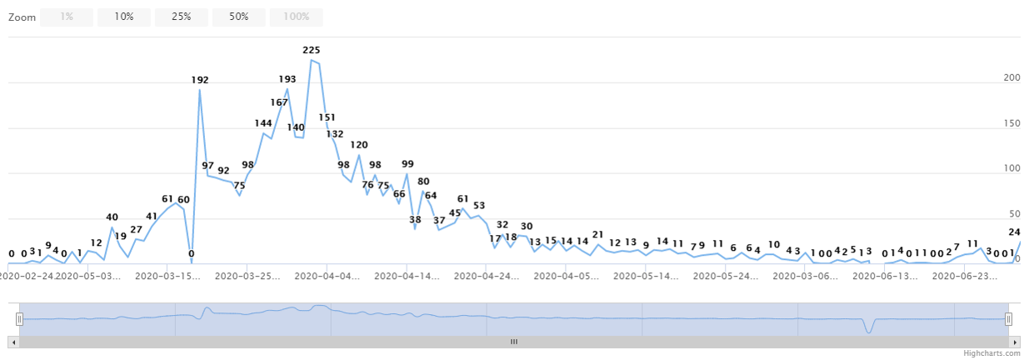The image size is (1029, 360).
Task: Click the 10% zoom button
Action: (x=124, y=17)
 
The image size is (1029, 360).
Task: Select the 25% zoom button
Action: (x=181, y=17)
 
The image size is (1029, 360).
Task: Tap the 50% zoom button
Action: (x=238, y=17)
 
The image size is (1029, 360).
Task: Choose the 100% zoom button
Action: (x=296, y=17)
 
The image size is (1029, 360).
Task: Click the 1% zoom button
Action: (x=67, y=17)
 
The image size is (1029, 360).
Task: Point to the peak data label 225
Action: (x=311, y=50)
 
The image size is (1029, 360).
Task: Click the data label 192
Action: (x=200, y=80)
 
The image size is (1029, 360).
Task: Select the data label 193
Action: (x=287, y=79)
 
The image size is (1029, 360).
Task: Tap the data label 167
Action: (x=279, y=102)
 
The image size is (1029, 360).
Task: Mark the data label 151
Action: (x=327, y=117)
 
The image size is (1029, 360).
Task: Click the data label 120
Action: (x=358, y=145)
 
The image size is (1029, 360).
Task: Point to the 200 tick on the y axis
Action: (x=1012, y=77)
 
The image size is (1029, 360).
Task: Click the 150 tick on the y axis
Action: (x=1012, y=123)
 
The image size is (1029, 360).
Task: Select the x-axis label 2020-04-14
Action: (x=406, y=274)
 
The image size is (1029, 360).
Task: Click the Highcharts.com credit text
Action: (x=992, y=353)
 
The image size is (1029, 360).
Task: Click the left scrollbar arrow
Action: (x=12, y=342)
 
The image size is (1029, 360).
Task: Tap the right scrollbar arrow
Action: (x=1015, y=342)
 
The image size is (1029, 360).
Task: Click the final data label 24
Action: (x=1014, y=232)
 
